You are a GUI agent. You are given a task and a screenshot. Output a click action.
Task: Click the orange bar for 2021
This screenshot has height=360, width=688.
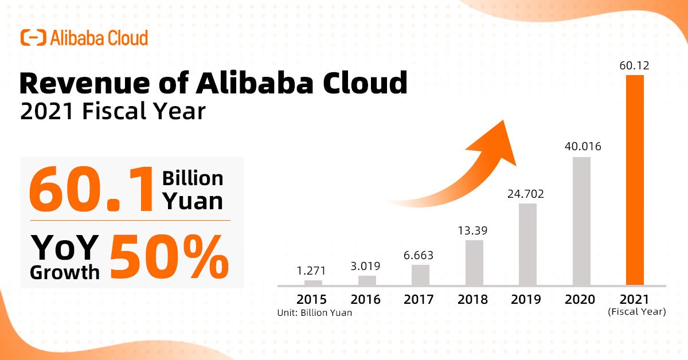pyautogui.click(x=635, y=180)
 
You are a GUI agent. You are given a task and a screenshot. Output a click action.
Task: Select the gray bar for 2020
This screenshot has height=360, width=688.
pyautogui.click(x=581, y=221)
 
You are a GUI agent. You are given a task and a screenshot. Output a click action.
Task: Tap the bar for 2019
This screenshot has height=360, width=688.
pyautogui.click(x=527, y=244)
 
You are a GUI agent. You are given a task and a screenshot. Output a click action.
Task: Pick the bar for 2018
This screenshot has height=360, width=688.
pyautogui.click(x=474, y=263)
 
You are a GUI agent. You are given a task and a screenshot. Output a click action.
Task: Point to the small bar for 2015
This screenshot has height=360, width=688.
pyautogui.click(x=313, y=283)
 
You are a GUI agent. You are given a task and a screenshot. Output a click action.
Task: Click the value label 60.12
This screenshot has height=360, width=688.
pyautogui.click(x=635, y=66)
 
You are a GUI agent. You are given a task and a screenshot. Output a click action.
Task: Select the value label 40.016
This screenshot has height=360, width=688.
pyautogui.click(x=581, y=147)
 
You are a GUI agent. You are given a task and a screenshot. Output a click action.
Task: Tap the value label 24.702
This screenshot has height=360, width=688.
pyautogui.click(x=525, y=194)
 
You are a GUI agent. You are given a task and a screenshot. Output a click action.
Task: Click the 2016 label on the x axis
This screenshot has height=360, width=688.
pyautogui.click(x=365, y=299)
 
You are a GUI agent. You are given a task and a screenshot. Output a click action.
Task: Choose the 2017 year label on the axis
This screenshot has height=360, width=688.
pyautogui.click(x=419, y=299)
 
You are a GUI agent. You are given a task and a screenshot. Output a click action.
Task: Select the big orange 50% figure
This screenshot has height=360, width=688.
pyautogui.click(x=170, y=256)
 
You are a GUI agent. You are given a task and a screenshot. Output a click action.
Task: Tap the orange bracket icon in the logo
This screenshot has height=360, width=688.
pyautogui.click(x=33, y=38)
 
